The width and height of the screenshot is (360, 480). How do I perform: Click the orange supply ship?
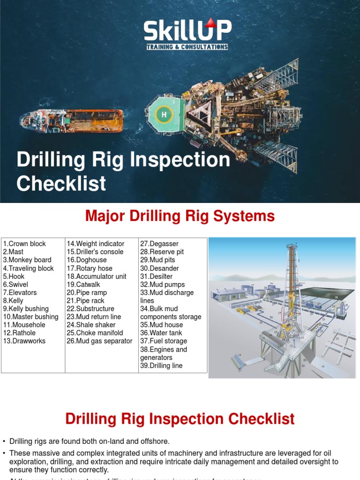coord(72,120)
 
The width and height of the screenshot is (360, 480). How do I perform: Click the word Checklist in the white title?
coord(61,183)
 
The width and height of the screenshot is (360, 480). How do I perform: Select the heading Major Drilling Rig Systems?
coord(180,216)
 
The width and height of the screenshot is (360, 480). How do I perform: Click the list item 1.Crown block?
coord(24,244)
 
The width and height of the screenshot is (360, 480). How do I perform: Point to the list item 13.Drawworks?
coord(24,341)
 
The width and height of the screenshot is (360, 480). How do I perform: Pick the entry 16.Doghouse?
coord(87,260)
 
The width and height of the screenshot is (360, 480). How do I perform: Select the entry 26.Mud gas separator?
coord(99,341)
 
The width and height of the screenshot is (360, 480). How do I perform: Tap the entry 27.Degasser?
coord(159,244)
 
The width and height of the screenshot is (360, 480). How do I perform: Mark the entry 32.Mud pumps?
coord(163,284)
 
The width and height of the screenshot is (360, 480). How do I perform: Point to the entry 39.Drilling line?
coord(161,365)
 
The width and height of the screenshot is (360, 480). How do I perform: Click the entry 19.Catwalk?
coord(83,284)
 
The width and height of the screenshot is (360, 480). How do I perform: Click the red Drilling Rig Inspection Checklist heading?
coord(180,419)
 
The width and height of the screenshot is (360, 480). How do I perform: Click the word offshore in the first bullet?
coord(155,441)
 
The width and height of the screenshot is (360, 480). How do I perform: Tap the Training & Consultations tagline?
coord(187,47)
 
